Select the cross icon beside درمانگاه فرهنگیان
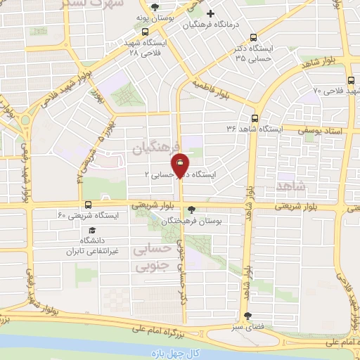point(210,13)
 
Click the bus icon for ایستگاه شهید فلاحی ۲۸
point(145,32)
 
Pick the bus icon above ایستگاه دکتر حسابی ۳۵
point(254,38)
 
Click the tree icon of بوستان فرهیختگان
point(192,209)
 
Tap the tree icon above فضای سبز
point(246,316)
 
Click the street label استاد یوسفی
point(318,129)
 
